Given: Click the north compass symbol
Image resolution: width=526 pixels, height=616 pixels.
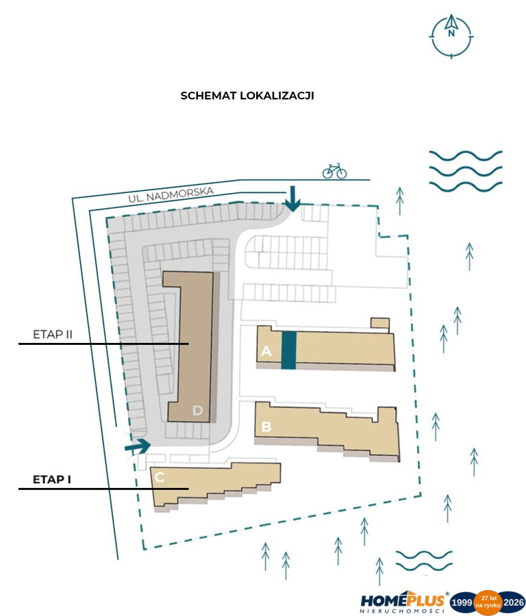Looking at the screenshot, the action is [x=451, y=36].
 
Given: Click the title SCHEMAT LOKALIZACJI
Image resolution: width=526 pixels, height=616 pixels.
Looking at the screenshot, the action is [x=247, y=96].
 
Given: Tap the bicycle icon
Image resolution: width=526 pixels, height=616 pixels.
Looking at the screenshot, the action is [x=334, y=171].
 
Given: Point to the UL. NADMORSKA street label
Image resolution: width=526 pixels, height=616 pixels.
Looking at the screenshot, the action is [x=171, y=194].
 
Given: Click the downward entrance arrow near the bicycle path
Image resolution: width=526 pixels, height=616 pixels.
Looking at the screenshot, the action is [x=292, y=198].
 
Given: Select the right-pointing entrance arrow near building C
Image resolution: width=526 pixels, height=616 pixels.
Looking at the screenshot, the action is [x=138, y=446].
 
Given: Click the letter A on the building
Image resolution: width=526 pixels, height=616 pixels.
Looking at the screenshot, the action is [x=266, y=350].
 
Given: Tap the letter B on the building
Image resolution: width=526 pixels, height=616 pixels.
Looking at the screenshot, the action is [x=266, y=426].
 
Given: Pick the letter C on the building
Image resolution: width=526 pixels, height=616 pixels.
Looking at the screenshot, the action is [x=159, y=477].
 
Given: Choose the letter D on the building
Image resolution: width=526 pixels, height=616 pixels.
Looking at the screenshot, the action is [x=197, y=411].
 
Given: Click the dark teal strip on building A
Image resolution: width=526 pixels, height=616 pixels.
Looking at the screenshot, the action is [x=288, y=350].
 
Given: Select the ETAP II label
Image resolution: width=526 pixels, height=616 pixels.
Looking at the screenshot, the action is [x=53, y=334].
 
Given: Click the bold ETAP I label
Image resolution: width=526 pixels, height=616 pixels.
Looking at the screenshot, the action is [x=52, y=479].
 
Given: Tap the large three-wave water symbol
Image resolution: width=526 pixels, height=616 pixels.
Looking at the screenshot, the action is [x=466, y=171].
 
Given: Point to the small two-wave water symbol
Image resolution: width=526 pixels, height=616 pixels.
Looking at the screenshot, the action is [x=424, y=561].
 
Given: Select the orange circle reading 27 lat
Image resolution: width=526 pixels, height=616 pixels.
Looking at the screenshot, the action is [x=488, y=602].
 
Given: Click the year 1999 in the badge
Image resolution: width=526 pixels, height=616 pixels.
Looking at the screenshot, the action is [x=462, y=602].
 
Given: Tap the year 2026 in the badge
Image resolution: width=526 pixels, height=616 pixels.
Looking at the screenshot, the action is [x=514, y=602].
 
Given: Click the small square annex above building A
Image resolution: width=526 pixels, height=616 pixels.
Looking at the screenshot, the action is [x=380, y=323].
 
